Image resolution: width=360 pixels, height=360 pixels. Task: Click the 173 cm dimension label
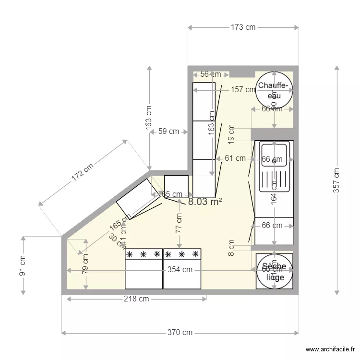tap(243, 27)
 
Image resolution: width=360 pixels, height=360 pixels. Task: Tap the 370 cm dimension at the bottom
tap(180, 332)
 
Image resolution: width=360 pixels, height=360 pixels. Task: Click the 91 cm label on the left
tap(23, 265)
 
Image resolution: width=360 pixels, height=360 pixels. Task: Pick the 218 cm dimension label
tap(137, 299)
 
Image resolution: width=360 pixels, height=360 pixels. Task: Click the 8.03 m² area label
tap(205, 202)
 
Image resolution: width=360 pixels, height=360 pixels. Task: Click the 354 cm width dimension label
tap(180, 270)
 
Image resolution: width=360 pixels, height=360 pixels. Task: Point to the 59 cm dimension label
tap(168, 132)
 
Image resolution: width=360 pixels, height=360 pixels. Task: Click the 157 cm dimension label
tap(243, 89)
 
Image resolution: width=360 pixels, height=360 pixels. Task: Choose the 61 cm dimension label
tap(235, 158)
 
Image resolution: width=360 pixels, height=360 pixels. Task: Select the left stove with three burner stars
tap(144, 269)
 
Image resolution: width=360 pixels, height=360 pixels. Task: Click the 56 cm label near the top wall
tap(210, 74)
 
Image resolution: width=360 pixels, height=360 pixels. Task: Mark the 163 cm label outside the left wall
tap(149, 117)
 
